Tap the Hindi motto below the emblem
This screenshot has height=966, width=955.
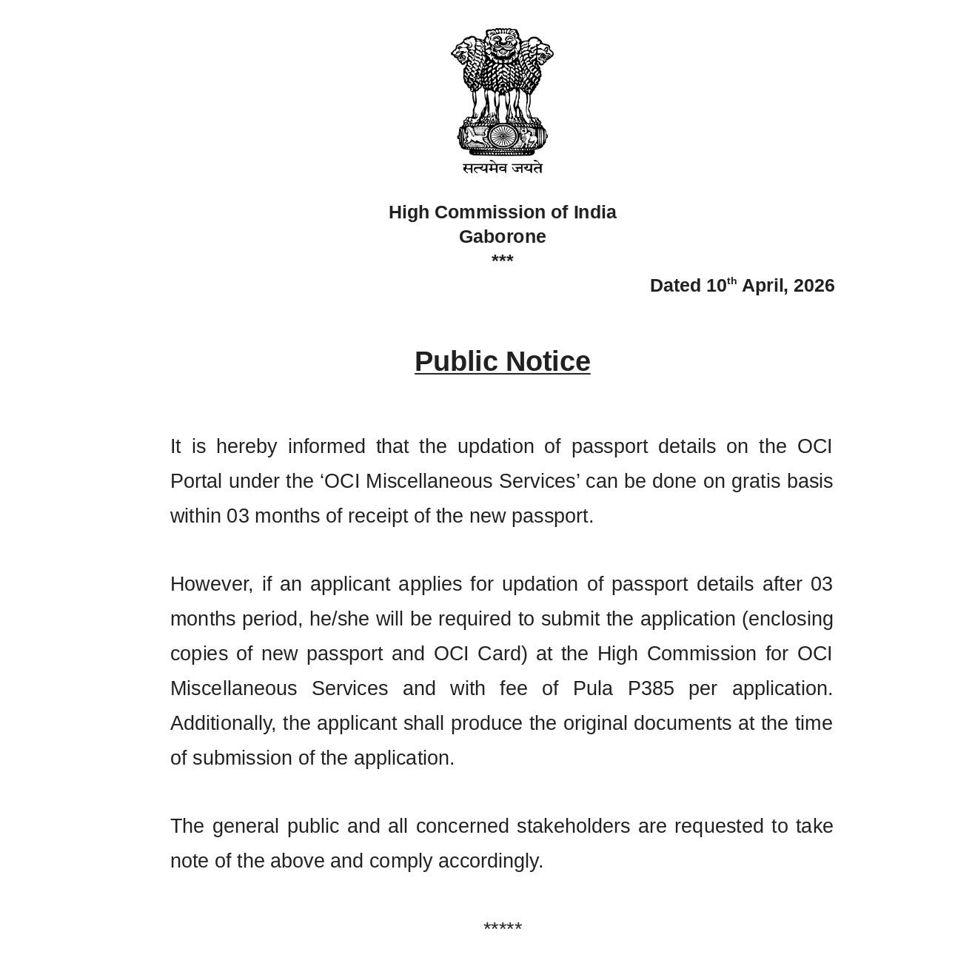click(502, 168)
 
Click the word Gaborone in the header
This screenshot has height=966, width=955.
click(502, 237)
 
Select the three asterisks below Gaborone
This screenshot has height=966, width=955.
click(502, 260)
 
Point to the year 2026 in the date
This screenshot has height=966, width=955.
click(814, 286)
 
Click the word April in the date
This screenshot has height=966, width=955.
click(763, 286)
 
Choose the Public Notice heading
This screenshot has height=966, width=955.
click(502, 362)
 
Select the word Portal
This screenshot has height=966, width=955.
click(196, 481)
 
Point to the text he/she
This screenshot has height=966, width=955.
click(339, 619)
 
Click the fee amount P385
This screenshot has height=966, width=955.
click(651, 688)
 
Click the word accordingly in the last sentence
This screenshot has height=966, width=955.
click(490, 861)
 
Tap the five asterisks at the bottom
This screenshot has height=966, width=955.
click(502, 928)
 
